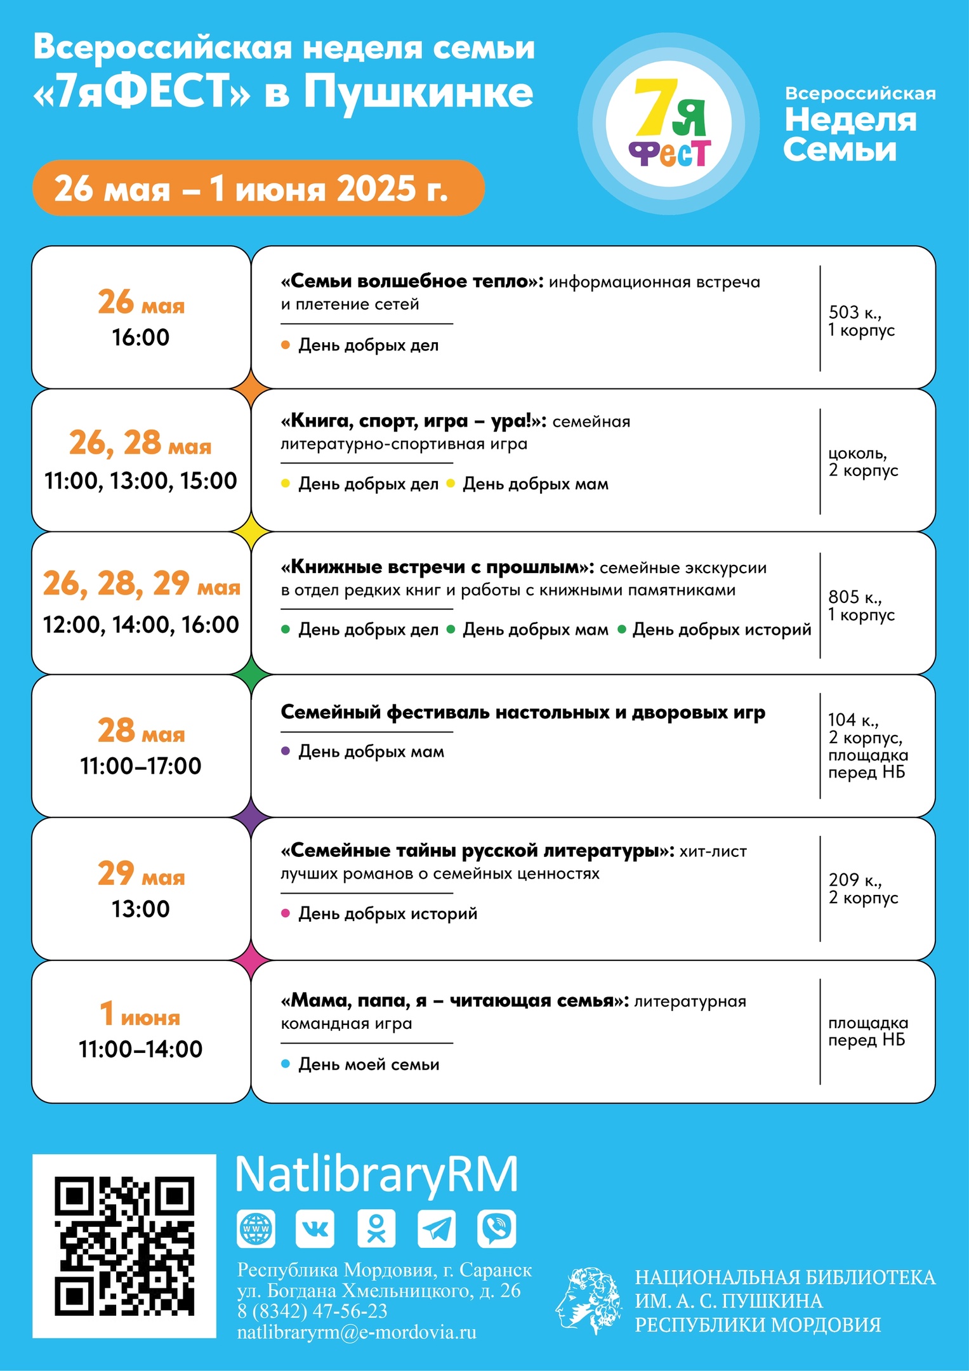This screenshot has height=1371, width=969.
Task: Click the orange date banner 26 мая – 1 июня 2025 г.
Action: pos(258,189)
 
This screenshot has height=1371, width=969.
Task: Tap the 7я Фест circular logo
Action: pos(669,124)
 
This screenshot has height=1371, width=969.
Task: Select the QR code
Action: pos(124,1247)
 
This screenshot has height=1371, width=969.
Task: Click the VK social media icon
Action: pos(315,1229)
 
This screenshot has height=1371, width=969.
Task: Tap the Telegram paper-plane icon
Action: pos(437,1229)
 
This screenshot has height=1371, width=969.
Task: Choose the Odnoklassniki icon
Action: pos(376,1229)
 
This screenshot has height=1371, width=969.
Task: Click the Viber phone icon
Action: pos(497,1229)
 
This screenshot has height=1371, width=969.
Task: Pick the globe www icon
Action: pos(256,1229)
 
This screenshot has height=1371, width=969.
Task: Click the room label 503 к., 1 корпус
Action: pos(861,321)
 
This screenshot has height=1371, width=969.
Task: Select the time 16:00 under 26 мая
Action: pos(141,338)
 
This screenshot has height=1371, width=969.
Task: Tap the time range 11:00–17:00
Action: pos(141,766)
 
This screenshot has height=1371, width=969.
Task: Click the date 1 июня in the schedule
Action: pos(141,1014)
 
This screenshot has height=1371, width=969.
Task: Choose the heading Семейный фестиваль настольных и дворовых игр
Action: pos(523,712)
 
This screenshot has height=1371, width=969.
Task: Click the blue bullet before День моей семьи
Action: pos(286,1064)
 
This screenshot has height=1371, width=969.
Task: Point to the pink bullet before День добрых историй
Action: pos(286,913)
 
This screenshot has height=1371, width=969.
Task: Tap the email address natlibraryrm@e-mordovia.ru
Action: pos(357,1332)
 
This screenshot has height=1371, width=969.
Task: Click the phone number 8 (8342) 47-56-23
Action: pos(312,1311)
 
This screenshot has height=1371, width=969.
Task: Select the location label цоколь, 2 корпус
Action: pos(863,461)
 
